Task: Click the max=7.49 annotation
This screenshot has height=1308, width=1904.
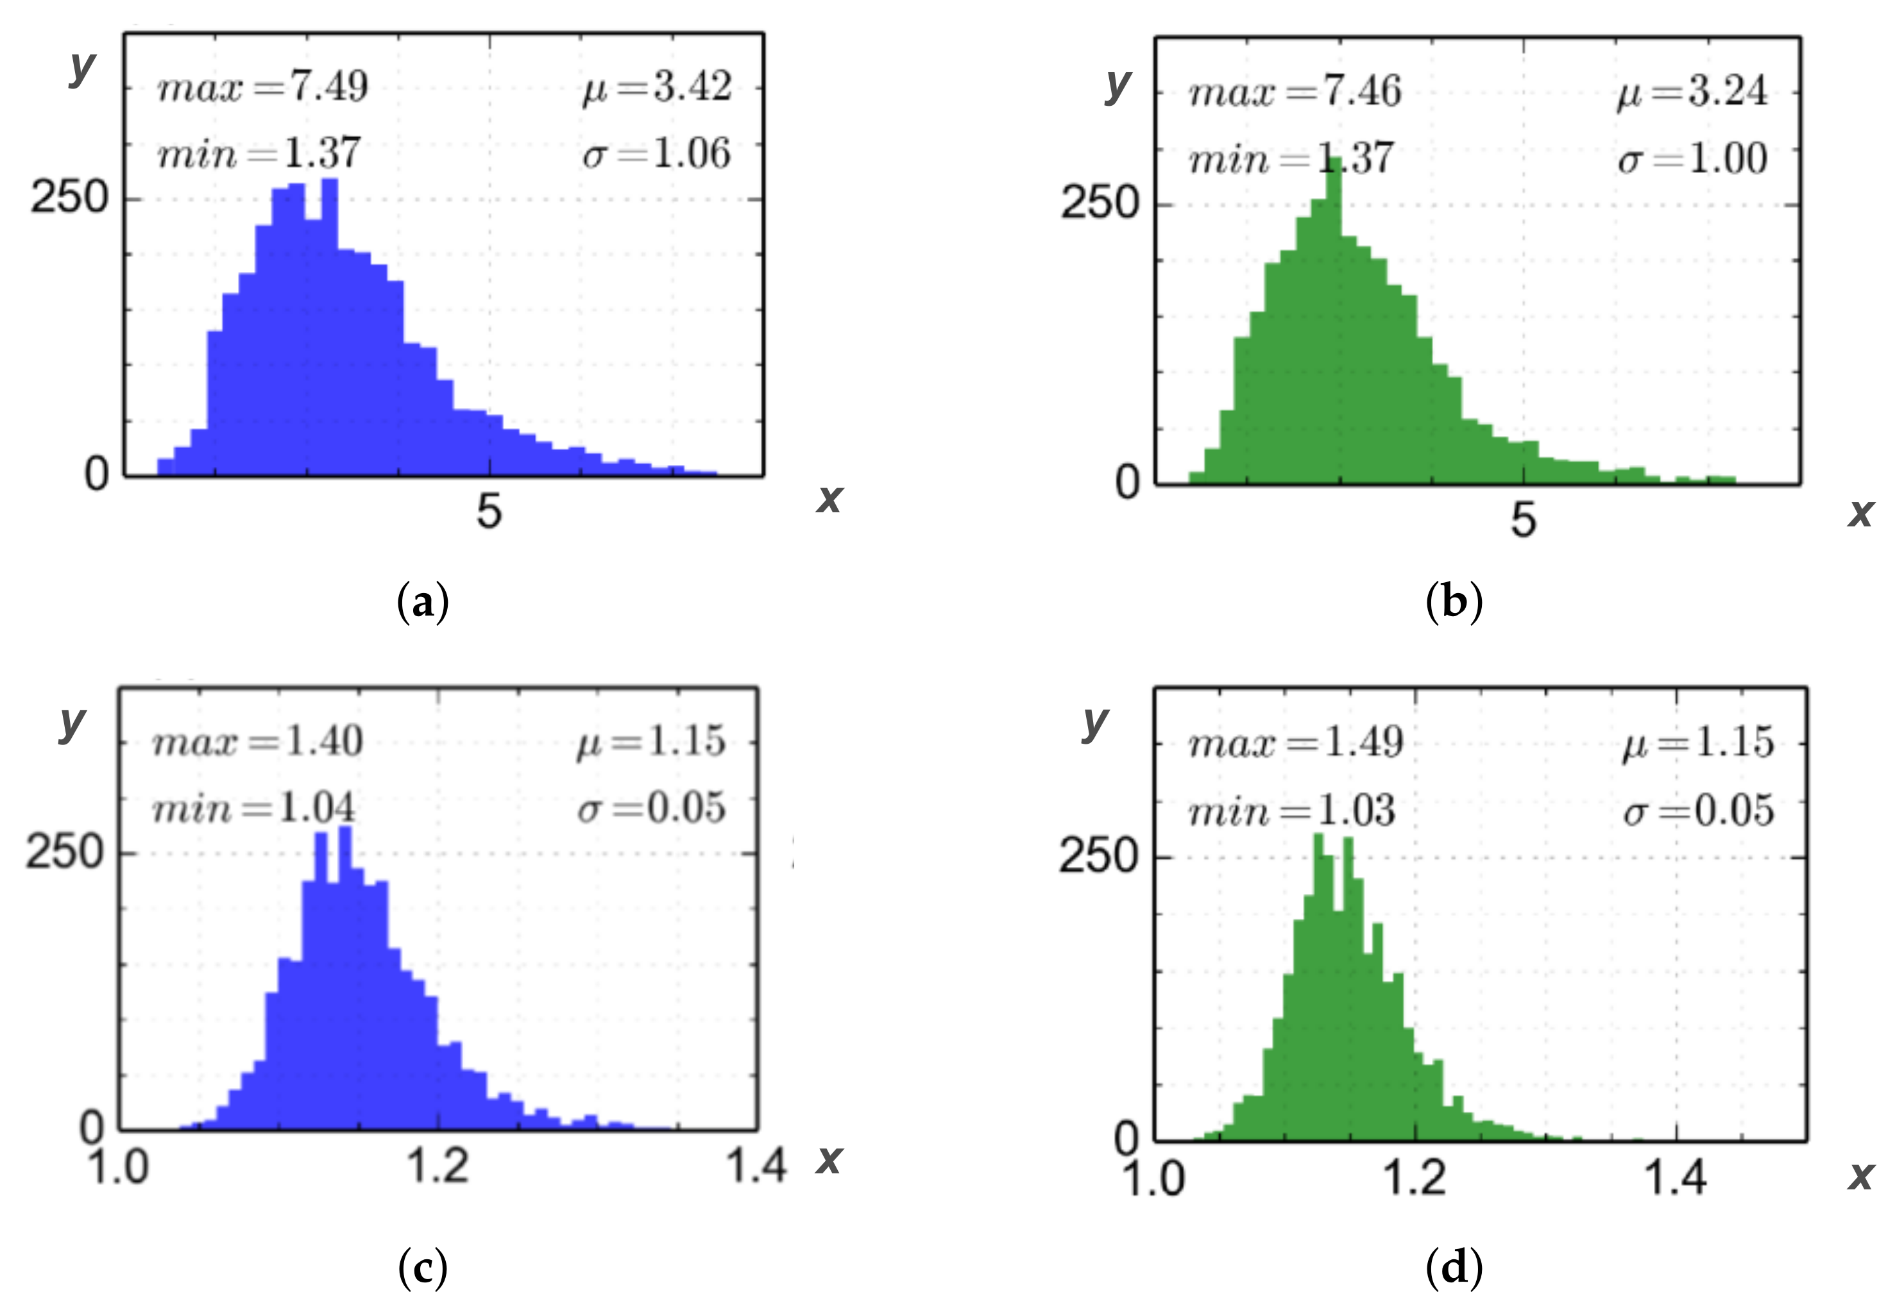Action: (262, 87)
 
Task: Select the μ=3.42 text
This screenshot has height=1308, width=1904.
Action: (656, 87)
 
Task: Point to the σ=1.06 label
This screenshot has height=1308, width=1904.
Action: (656, 154)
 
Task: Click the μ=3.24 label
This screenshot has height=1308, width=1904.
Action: (1692, 92)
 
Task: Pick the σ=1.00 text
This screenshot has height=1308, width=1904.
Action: (1692, 159)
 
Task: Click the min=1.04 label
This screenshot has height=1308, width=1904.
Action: (254, 809)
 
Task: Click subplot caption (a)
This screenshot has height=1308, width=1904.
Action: (423, 604)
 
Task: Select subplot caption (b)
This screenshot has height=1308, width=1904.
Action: (1454, 604)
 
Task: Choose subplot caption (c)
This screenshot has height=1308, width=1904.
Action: (423, 1270)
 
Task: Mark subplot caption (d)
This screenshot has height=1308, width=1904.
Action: (1454, 1270)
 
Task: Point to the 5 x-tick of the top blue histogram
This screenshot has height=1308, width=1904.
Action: (489, 513)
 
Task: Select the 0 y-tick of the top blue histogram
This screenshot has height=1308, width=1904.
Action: (97, 474)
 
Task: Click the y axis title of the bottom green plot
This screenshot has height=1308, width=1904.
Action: (1094, 721)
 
